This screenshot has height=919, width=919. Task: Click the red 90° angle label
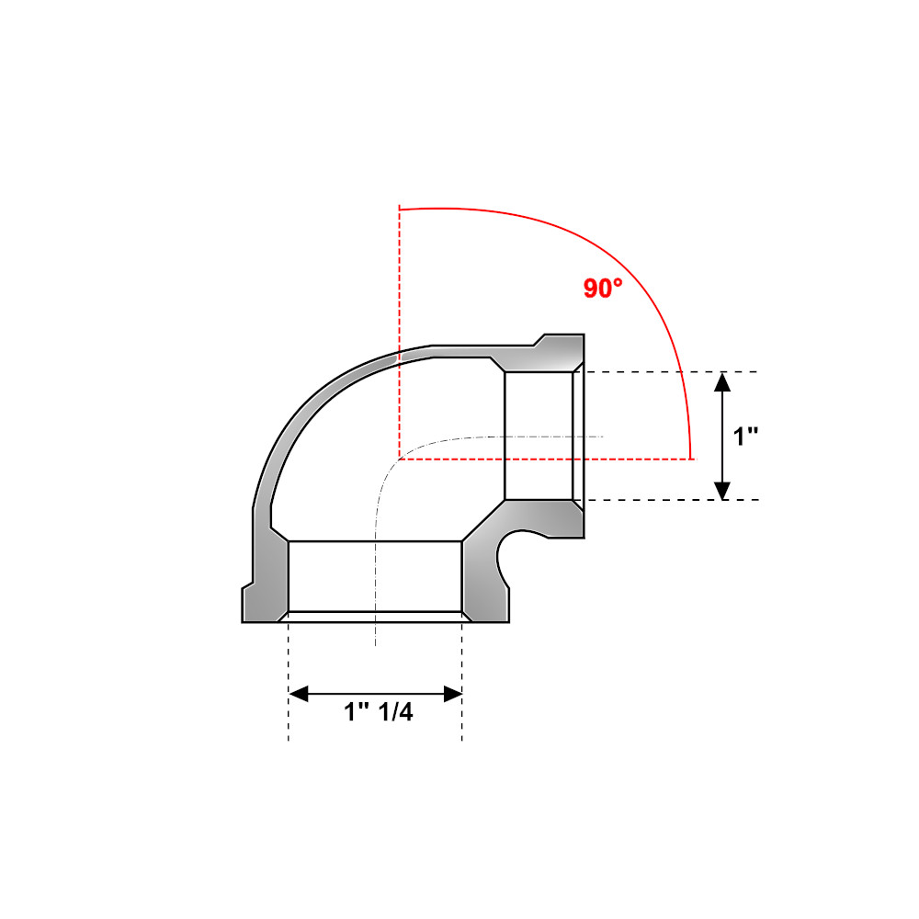(x=603, y=288)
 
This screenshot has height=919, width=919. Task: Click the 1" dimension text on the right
(x=744, y=437)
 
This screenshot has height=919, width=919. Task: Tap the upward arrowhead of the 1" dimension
(x=723, y=381)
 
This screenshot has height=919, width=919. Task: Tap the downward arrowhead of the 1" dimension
(x=723, y=491)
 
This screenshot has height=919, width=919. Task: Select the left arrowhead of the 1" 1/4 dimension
(x=298, y=694)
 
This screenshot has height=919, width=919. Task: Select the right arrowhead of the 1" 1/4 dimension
(x=452, y=694)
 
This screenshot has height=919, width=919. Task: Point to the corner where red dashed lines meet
(x=399, y=457)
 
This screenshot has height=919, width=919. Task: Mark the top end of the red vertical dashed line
(x=399, y=207)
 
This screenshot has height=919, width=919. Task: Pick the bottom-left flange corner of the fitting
(x=244, y=620)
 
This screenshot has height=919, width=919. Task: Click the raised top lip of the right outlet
(x=561, y=340)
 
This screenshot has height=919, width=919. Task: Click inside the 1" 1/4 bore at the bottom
(x=375, y=575)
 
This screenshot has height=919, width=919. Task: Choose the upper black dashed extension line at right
(x=671, y=371)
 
